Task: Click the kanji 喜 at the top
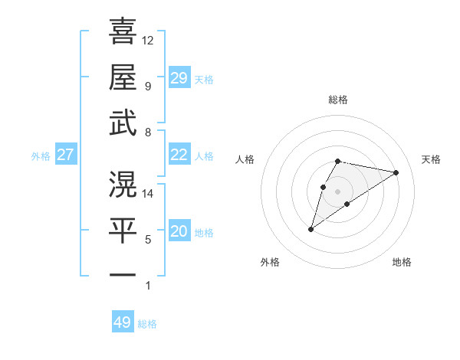(123, 31)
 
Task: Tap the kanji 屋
(123, 77)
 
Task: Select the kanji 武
(123, 123)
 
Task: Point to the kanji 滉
(123, 184)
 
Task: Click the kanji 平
(123, 230)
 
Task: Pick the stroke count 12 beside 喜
(148, 40)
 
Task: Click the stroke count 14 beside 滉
(148, 194)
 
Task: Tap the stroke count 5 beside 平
(148, 240)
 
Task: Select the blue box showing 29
(179, 77)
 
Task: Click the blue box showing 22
(179, 155)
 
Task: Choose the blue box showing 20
(179, 231)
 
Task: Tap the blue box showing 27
(65, 155)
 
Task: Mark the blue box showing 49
(123, 322)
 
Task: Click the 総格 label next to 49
(147, 324)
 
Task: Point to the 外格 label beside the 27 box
(41, 156)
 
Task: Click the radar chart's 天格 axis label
(431, 159)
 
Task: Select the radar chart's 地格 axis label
(402, 262)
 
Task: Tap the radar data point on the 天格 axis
(396, 172)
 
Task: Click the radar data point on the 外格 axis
(310, 229)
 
